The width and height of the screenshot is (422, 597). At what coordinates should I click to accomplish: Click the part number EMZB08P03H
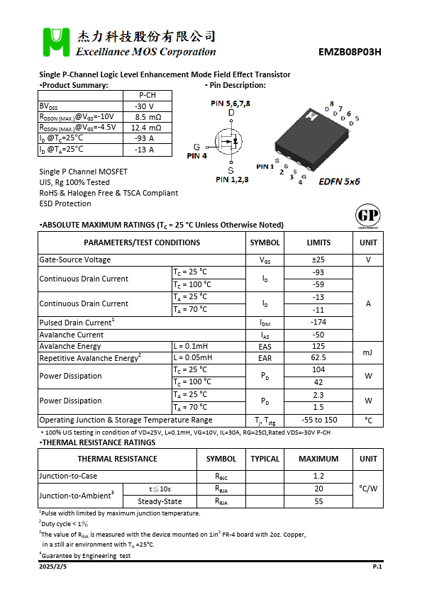pos(350,52)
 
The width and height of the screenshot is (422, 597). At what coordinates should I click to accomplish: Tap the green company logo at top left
pos(55,43)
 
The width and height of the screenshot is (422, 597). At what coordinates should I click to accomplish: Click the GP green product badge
pos(367,216)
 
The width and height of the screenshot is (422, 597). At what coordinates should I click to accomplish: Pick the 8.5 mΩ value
pos(148,117)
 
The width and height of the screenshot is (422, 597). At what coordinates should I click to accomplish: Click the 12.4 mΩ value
pos(147,128)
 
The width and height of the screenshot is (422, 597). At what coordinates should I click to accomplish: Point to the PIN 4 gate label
pos(196,156)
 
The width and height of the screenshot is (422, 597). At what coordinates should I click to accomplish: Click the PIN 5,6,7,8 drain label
pos(231,104)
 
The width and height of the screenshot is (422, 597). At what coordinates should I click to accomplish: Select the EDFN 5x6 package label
pos(339,182)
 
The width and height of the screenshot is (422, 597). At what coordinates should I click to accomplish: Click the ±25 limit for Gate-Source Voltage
pos(318,260)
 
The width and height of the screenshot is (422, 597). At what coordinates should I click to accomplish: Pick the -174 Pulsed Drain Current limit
pos(318,322)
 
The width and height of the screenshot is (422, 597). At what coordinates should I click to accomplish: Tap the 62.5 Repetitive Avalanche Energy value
pos(318,358)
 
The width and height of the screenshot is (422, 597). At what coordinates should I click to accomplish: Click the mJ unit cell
pos(368,352)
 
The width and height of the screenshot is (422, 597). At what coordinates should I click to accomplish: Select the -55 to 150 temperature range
pos(318,420)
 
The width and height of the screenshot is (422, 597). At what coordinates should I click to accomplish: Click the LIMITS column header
pos(318,242)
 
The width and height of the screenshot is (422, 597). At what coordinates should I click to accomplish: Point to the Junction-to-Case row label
pos(68,476)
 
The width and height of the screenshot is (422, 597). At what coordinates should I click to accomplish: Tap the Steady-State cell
pos(160,501)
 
